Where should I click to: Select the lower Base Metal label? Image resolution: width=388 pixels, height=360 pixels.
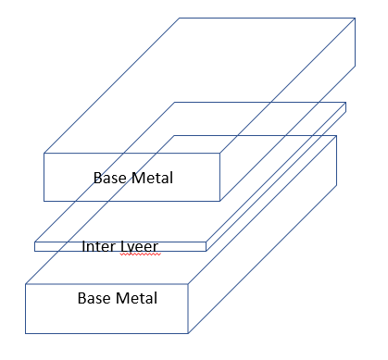(x=117, y=298)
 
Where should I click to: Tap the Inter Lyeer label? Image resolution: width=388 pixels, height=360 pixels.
(x=119, y=246)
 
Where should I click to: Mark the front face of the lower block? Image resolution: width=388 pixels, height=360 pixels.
(x=56, y=315)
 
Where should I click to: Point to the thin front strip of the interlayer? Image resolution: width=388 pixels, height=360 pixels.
(x=56, y=246)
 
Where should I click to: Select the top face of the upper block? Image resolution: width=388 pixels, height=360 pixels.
(x=213, y=83)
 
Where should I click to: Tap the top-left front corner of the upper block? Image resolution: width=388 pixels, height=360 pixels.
(x=44, y=153)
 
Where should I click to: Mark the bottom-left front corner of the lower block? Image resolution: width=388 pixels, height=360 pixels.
(x=26, y=333)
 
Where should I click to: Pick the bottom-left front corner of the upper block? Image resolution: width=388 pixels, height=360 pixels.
(x=44, y=199)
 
